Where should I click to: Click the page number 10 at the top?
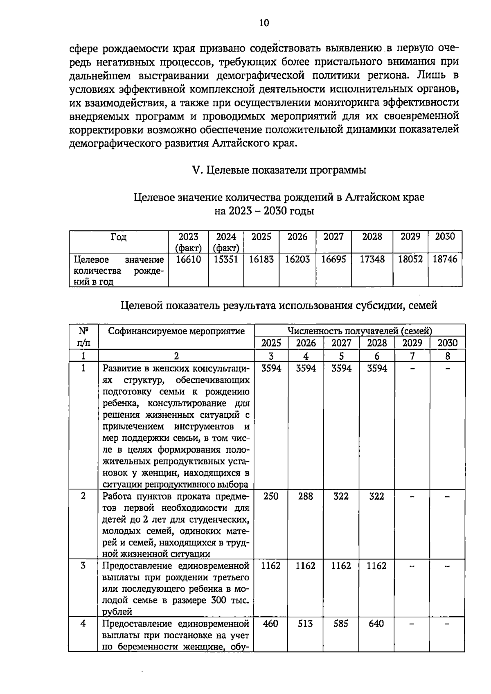[264, 23]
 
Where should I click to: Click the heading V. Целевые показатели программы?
[279, 170]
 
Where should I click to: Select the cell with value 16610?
[188, 259]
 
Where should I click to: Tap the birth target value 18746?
[445, 259]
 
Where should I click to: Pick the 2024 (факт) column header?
[226, 242]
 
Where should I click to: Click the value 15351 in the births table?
[226, 259]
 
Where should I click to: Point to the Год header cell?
[119, 237]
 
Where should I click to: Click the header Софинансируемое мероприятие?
[176, 331]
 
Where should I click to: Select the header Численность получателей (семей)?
[360, 331]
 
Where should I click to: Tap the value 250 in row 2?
[271, 496]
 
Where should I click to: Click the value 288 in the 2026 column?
[306, 496]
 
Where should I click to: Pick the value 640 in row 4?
[376, 624]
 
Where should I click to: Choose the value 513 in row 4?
[306, 624]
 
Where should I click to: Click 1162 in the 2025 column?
[271, 566]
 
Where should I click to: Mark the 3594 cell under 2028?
[376, 368]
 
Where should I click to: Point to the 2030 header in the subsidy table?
[448, 343]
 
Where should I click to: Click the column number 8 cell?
[448, 356]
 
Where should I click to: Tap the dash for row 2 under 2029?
[412, 497]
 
